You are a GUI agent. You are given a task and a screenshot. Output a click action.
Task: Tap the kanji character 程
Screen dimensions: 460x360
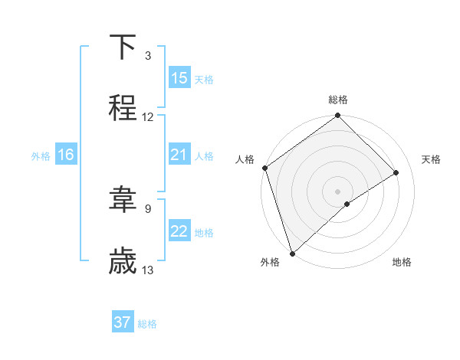tap(123, 108)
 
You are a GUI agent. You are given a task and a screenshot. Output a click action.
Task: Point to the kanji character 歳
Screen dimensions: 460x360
tap(123, 262)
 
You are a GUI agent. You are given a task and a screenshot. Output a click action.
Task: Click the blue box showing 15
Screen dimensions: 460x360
tap(179, 78)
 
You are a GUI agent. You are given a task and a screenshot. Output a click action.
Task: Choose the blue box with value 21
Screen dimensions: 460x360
tap(179, 155)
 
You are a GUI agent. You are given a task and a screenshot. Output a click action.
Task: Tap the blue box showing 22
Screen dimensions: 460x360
tap(179, 231)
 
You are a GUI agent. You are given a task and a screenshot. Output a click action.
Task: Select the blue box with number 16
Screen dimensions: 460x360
tap(66, 155)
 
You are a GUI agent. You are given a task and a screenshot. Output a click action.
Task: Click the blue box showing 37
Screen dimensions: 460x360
tap(123, 322)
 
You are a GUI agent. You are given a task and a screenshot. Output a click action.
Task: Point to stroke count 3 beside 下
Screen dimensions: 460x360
tap(148, 56)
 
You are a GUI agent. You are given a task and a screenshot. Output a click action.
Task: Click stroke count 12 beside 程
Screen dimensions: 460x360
tap(148, 117)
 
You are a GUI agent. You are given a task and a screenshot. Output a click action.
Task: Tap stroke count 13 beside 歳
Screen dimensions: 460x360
tap(148, 270)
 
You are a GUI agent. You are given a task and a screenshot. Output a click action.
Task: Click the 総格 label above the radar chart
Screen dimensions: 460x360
tap(338, 100)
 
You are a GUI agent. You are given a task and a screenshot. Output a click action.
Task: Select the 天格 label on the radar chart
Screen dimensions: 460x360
tap(431, 159)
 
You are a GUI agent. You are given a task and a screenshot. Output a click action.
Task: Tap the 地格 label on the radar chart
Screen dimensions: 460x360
tap(402, 263)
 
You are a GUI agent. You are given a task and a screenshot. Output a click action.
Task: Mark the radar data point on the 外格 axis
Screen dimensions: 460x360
tap(292, 253)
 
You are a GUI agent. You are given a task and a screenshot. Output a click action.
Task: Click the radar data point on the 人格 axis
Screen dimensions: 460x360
tap(264, 168)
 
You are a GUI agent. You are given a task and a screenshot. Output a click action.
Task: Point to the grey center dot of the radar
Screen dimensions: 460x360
tap(338, 191)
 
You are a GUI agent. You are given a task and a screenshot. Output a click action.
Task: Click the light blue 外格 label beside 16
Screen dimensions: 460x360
tap(41, 155)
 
